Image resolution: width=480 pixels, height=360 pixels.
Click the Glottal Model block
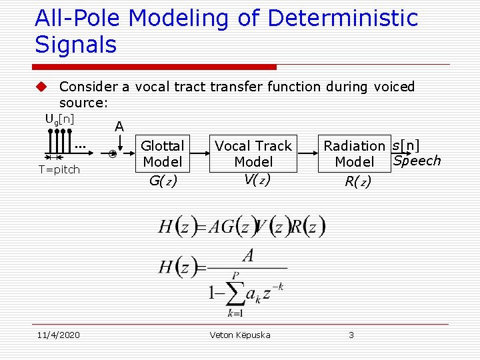[x=162, y=154]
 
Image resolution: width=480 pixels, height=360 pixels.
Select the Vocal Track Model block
[x=253, y=154]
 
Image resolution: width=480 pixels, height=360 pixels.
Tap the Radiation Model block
[x=354, y=154]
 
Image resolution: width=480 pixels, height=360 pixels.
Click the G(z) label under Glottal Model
[x=162, y=180]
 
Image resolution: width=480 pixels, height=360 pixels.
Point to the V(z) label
[x=253, y=179]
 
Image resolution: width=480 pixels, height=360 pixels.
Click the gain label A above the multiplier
[x=119, y=126]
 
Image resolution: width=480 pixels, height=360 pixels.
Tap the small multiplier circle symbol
[x=113, y=154]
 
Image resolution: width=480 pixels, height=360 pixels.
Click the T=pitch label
[x=59, y=169]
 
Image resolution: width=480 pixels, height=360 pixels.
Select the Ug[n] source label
[x=59, y=119]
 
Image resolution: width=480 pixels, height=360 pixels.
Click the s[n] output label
[x=406, y=145]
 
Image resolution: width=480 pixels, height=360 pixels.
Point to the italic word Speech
[x=417, y=161]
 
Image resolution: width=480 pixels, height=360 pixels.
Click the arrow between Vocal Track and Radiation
[x=307, y=153]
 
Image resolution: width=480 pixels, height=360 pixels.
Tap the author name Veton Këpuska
[x=240, y=335]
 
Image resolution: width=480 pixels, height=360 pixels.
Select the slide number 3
[x=351, y=335]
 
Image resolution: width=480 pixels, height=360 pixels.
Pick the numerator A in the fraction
[x=247, y=256]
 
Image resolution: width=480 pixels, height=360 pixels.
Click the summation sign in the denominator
[x=234, y=292]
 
